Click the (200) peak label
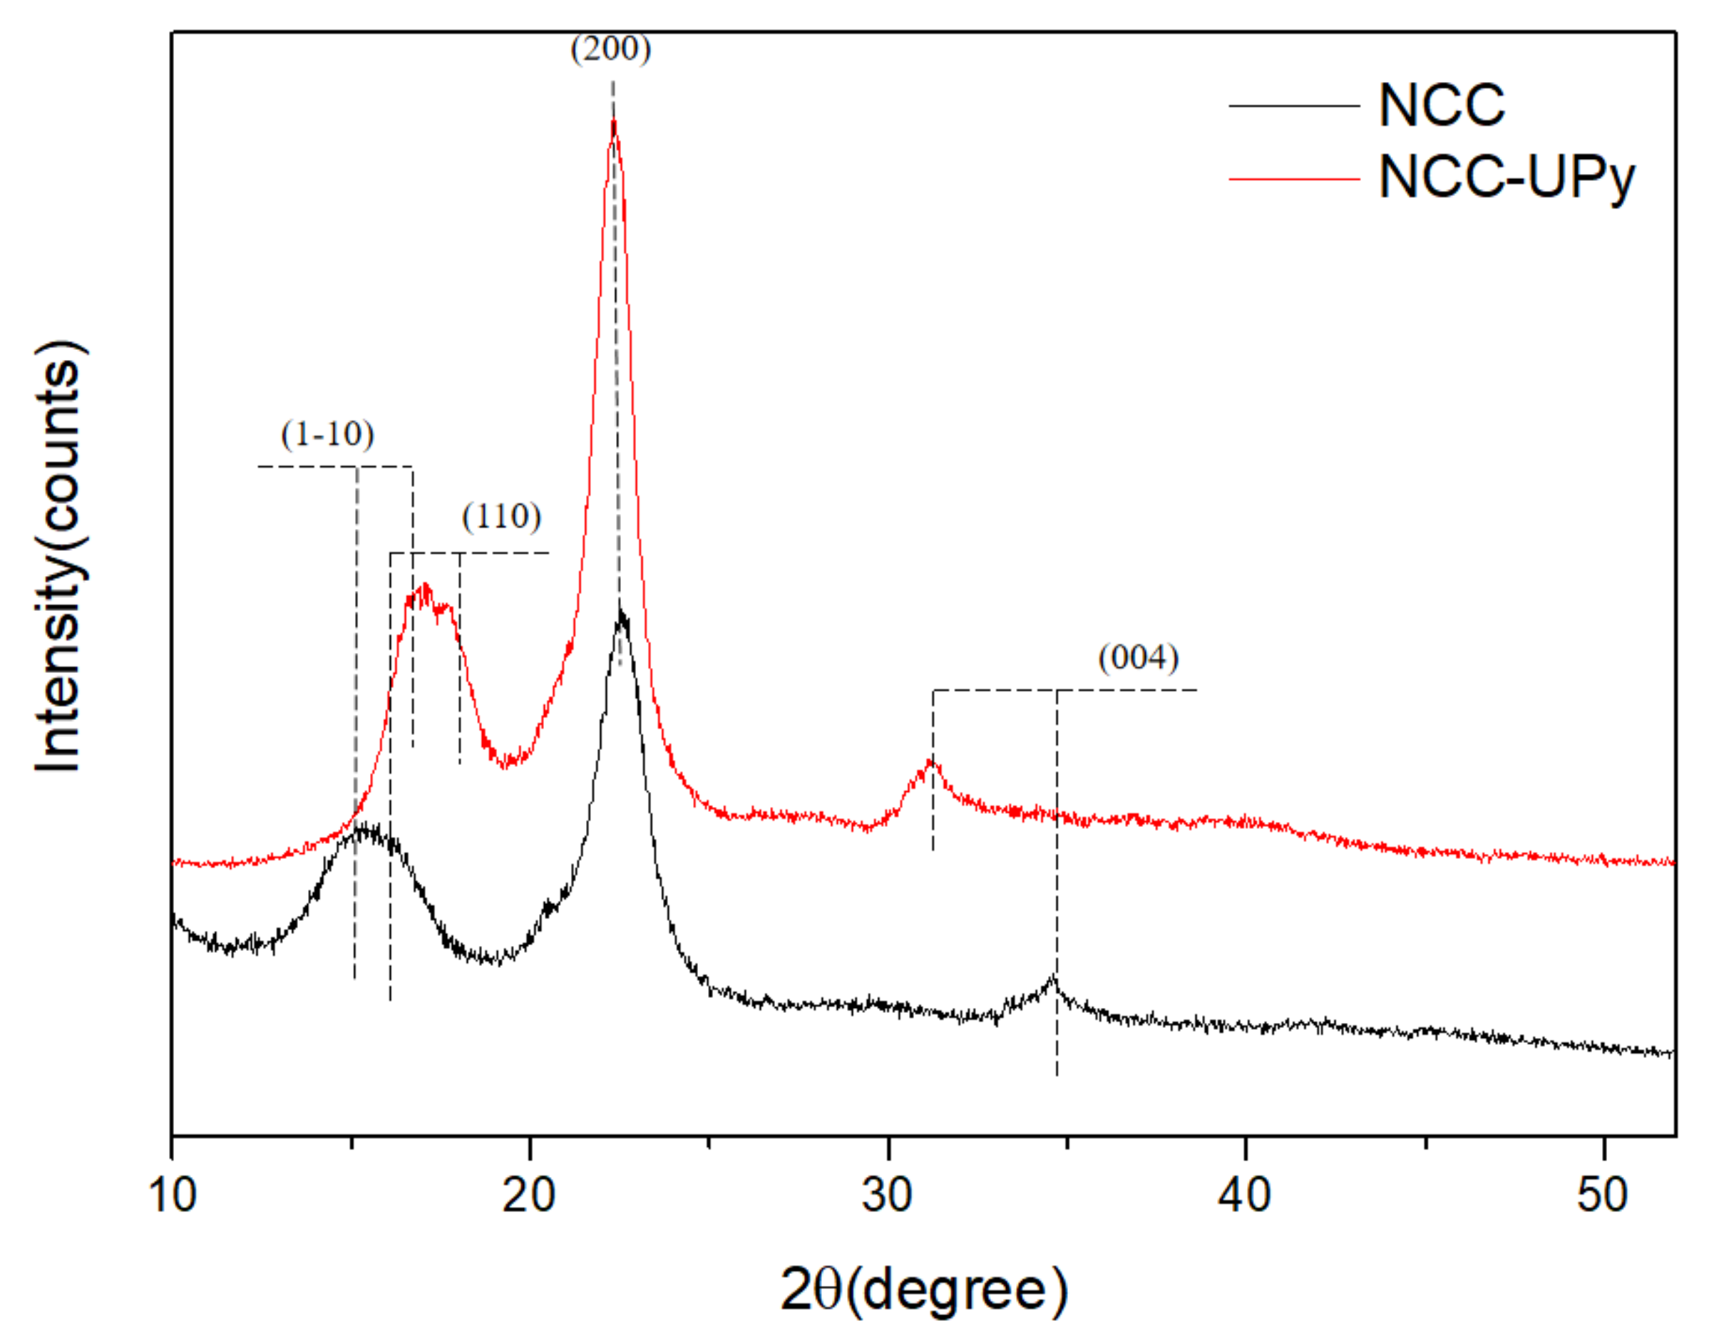pos(611,48)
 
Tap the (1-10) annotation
pos(327,434)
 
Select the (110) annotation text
pos(502,517)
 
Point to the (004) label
pos(1139,657)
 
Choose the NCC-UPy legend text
pos(1506,178)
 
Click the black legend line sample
pos(1294,106)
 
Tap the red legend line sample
pos(1294,179)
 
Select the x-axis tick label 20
pos(529,1195)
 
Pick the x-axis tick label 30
pos(887,1195)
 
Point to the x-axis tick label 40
pos(1245,1195)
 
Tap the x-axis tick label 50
pos(1602,1195)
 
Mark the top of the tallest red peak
pos(613,121)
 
